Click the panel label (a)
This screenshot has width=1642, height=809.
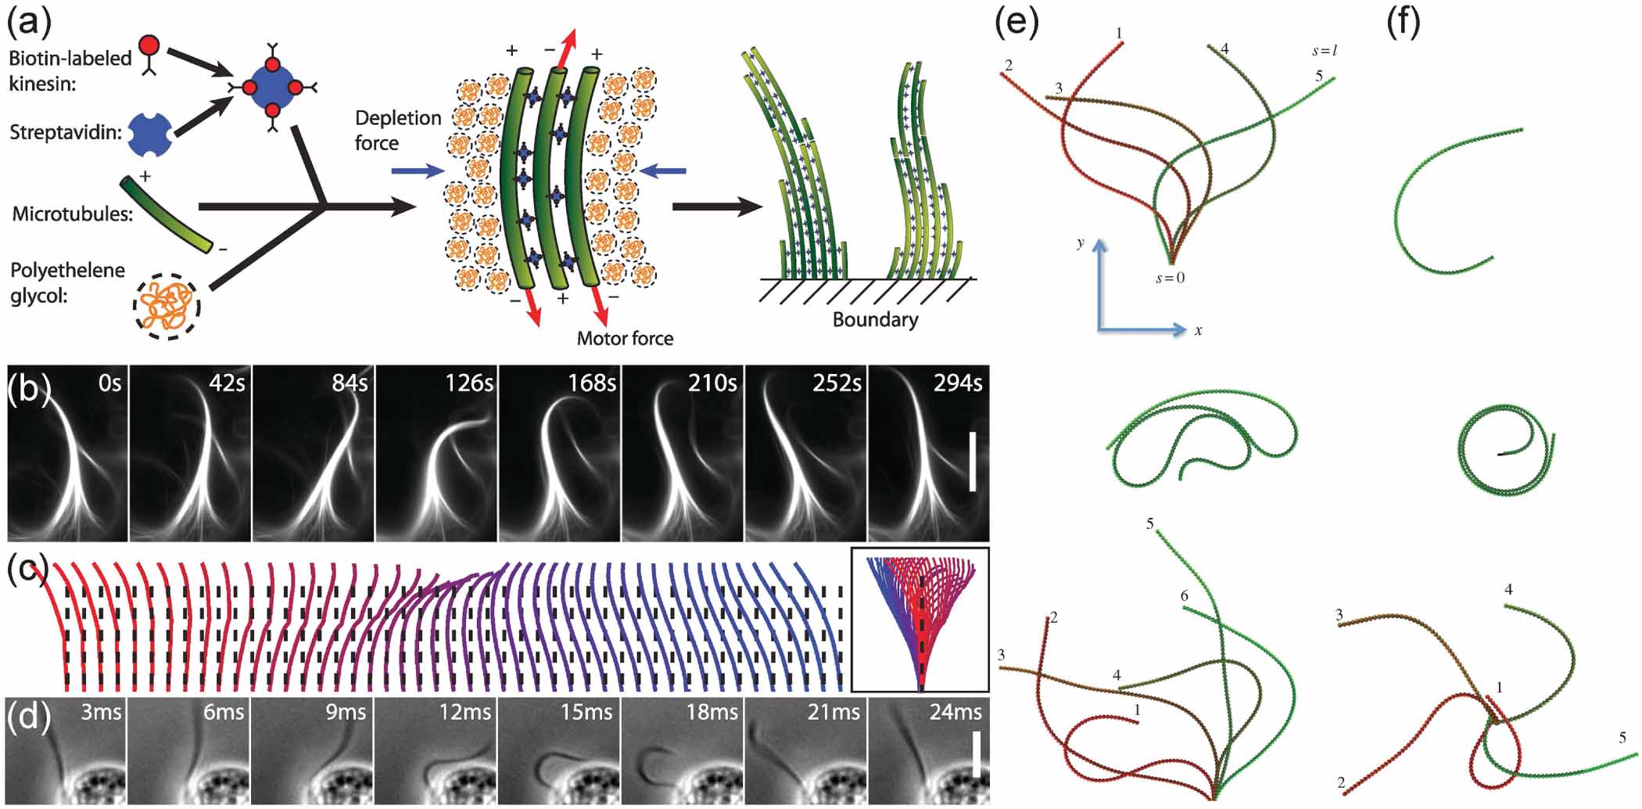coord(29,21)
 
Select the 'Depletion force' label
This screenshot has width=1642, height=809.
coord(398,131)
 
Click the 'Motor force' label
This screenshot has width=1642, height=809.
coord(625,339)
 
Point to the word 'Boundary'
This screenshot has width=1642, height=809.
coord(875,320)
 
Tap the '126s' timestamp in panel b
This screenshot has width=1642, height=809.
coord(469,383)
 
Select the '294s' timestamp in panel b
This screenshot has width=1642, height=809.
coord(957,383)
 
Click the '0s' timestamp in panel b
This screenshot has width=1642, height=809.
coord(109,383)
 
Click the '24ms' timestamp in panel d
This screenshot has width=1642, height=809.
coord(955,713)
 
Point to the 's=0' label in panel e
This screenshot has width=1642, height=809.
coord(1170,278)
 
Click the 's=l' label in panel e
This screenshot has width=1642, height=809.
coord(1325,52)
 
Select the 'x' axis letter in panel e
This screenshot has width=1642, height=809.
coord(1199,330)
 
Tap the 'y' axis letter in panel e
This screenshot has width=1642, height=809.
coord(1081,243)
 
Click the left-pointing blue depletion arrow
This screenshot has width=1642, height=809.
coord(662,171)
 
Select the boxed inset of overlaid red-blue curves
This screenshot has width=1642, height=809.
coord(920,620)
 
